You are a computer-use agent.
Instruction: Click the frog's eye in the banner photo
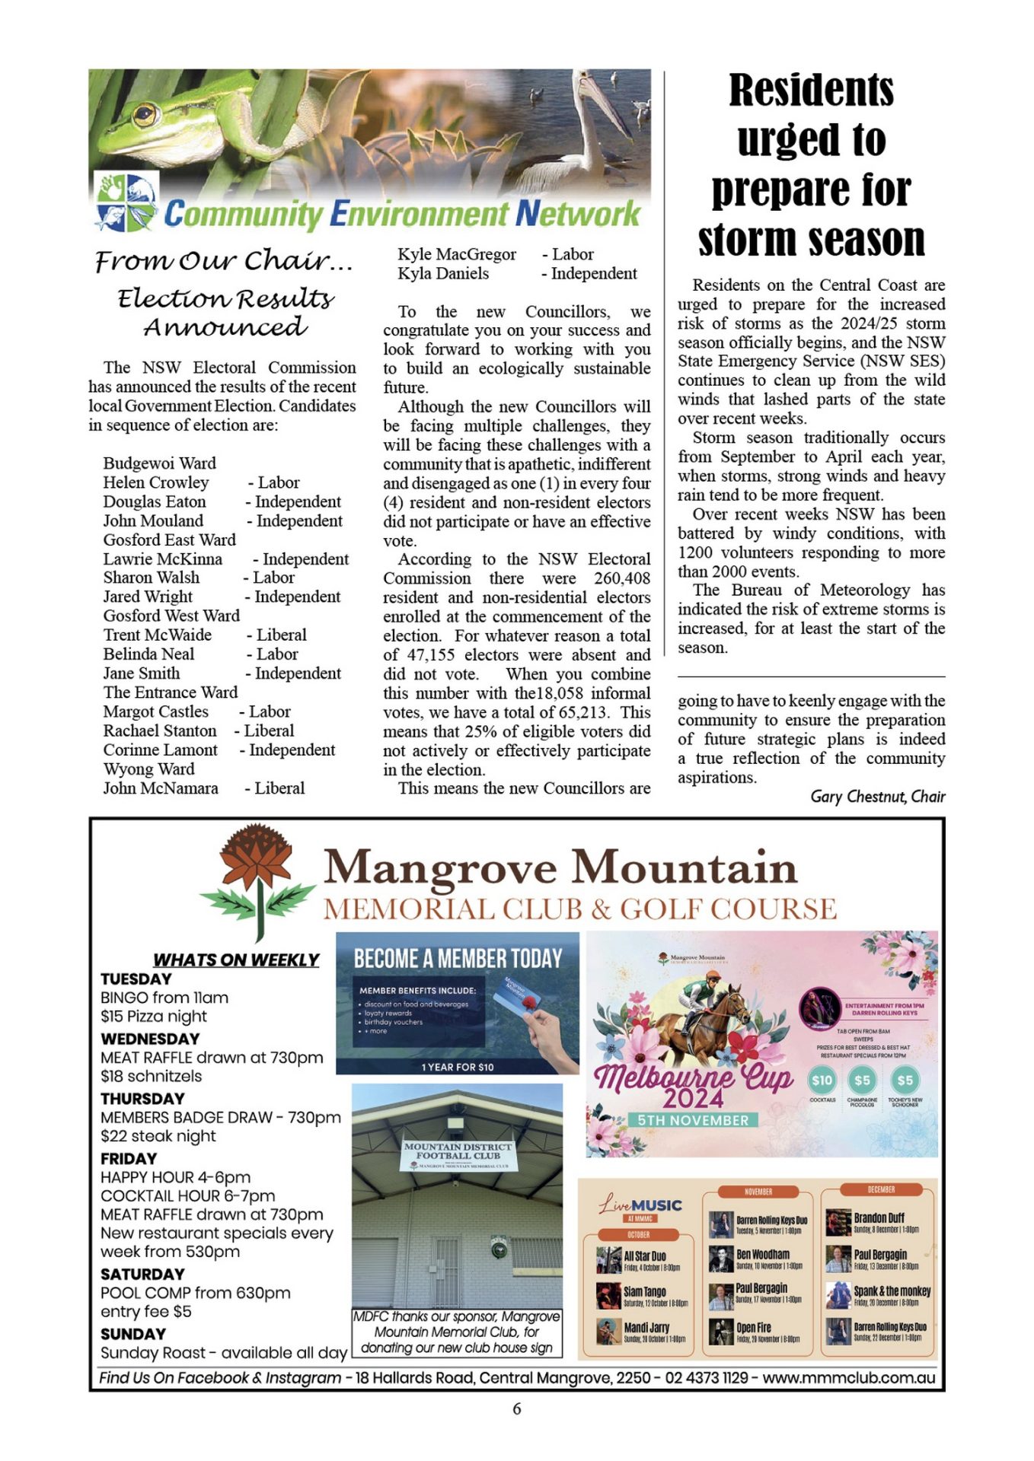point(145,115)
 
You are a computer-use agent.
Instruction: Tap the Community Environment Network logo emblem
point(125,202)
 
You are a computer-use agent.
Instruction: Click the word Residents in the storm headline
point(811,91)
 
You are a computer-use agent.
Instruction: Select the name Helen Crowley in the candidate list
point(156,482)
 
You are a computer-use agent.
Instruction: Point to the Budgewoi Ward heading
point(159,463)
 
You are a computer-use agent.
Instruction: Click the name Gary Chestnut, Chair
point(877,797)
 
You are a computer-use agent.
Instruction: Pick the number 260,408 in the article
point(622,578)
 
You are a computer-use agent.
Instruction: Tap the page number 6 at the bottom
point(516,1408)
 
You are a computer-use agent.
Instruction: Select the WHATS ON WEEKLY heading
point(236,960)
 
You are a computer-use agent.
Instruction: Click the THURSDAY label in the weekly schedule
point(142,1098)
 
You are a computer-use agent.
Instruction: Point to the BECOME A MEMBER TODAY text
point(458,959)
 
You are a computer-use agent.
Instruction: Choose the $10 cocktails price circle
point(822,1081)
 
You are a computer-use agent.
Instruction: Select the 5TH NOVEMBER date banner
point(693,1120)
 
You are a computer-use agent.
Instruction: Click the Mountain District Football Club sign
point(458,1154)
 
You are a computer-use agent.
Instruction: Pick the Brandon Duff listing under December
point(877,1221)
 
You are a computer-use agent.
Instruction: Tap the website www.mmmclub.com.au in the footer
point(848,1378)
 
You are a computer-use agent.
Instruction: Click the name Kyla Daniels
point(443,273)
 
